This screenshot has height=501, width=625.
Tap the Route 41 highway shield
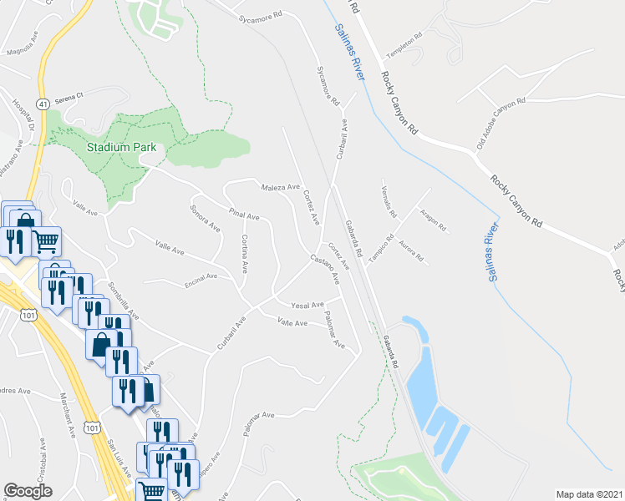pos(42,103)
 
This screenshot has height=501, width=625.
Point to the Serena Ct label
pos(69,96)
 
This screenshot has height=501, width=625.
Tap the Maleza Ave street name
pos(280,188)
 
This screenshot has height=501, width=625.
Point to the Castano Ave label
pos(326,268)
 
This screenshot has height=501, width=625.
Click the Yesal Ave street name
pos(307,306)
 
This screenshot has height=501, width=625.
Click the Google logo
pos(28,491)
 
